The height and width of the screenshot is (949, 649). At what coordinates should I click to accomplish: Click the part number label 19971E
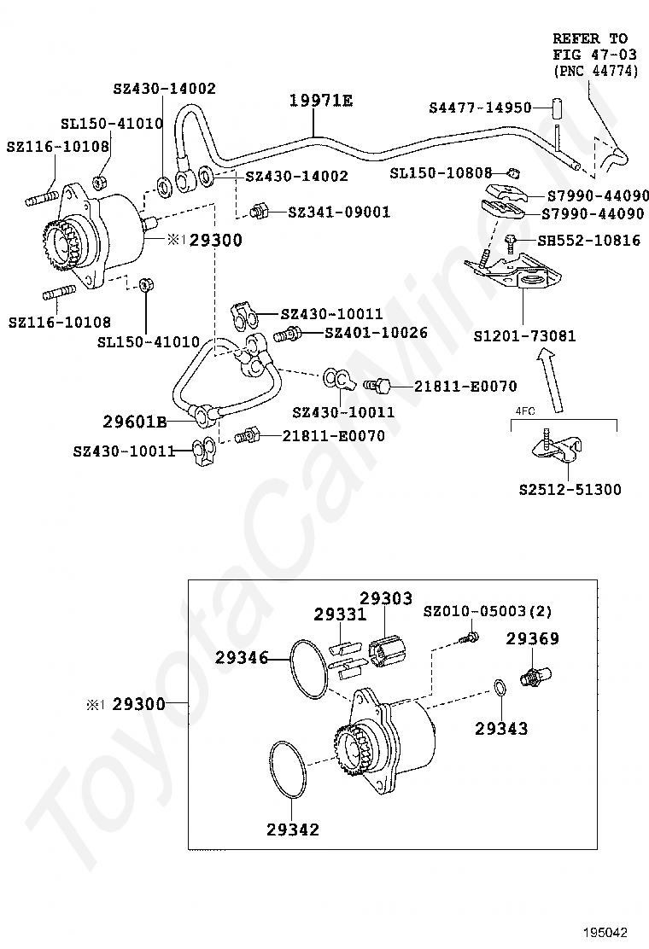pyautogui.click(x=320, y=100)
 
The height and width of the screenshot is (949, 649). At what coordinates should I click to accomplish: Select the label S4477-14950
pyautogui.click(x=480, y=108)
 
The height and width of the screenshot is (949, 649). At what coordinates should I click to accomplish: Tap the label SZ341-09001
pyautogui.click(x=339, y=213)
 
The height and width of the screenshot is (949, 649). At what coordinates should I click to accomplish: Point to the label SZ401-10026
pyautogui.click(x=376, y=332)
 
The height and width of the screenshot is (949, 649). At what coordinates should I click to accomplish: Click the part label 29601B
pyautogui.click(x=134, y=422)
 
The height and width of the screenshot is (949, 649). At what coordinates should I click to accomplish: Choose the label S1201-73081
pyautogui.click(x=524, y=335)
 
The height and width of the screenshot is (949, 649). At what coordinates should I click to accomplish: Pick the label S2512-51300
pyautogui.click(x=570, y=489)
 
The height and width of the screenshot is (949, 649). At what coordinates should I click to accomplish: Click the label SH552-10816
pyautogui.click(x=588, y=241)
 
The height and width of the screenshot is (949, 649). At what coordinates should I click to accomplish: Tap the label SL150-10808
pyautogui.click(x=441, y=173)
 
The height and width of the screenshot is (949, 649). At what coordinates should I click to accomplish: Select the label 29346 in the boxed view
pyautogui.click(x=241, y=657)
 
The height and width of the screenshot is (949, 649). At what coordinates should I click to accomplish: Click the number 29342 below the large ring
pyautogui.click(x=292, y=829)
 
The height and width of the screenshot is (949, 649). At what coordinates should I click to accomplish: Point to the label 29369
pyautogui.click(x=532, y=638)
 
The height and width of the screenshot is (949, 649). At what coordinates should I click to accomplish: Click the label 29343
pyautogui.click(x=500, y=728)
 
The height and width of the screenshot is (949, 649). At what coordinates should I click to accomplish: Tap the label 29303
pyautogui.click(x=386, y=598)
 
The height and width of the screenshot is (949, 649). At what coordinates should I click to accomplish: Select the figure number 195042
pyautogui.click(x=605, y=932)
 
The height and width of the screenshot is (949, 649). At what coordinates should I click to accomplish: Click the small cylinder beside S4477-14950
pyautogui.click(x=557, y=108)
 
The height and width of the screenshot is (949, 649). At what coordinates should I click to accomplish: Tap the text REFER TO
pyautogui.click(x=590, y=38)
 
